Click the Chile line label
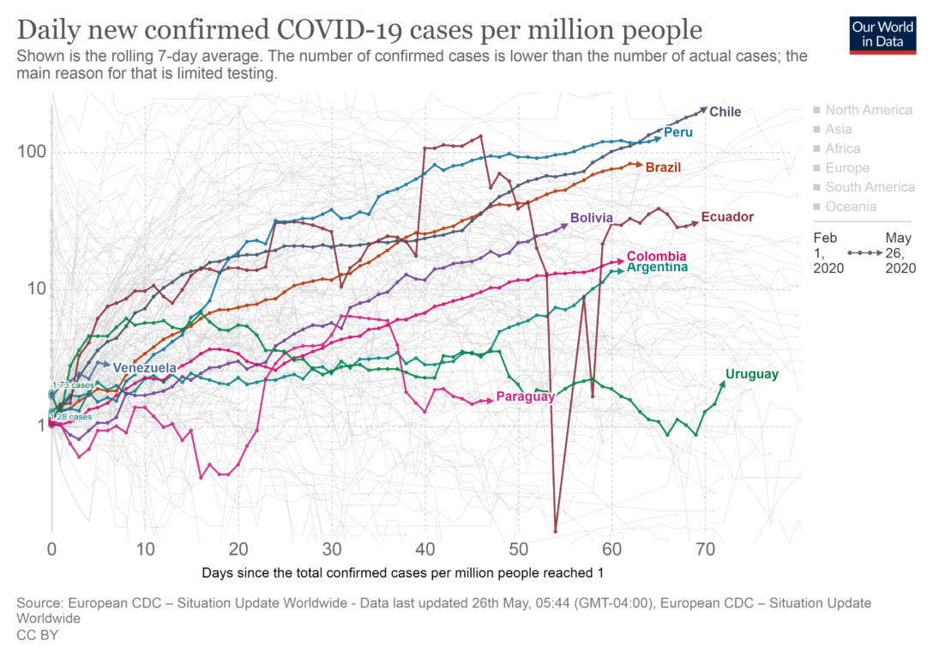coord(725,112)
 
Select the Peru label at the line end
coord(677,133)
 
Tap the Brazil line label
coord(663,167)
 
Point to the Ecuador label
coord(727,217)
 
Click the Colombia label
coord(656,256)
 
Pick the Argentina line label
coord(657,268)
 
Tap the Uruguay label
coord(751,374)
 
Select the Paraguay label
coord(526,397)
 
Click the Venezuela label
coord(144,368)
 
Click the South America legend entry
coord(870,187)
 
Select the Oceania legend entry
coord(850,207)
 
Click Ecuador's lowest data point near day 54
coord(556,531)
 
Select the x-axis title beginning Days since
coord(408,571)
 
